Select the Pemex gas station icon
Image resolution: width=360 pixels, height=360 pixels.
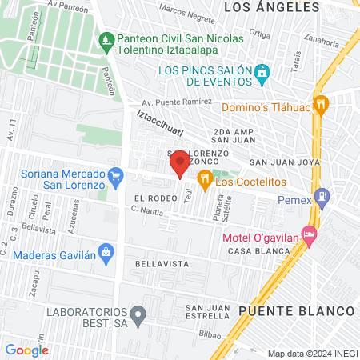(x=322, y=194)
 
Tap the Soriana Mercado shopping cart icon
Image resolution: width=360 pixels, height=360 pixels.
(x=116, y=174)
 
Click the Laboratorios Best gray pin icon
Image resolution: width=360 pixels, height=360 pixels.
(x=138, y=314)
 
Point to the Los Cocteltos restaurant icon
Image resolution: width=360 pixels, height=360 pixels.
(x=205, y=181)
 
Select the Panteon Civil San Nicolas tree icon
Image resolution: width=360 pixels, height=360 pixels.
(x=106, y=39)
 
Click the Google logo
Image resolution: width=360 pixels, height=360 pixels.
(x=26, y=350)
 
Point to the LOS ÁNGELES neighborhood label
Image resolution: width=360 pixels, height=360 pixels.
(x=266, y=7)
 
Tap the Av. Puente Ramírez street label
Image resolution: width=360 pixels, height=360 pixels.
(x=177, y=103)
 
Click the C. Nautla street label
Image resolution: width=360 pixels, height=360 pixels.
(x=150, y=210)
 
